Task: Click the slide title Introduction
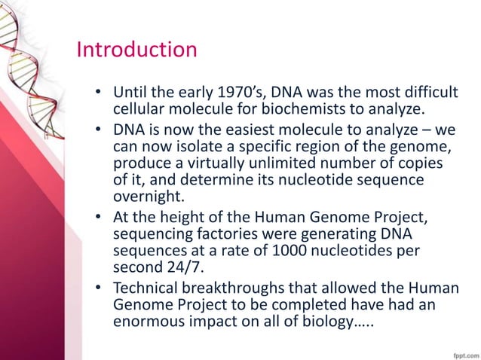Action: click(136, 50)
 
